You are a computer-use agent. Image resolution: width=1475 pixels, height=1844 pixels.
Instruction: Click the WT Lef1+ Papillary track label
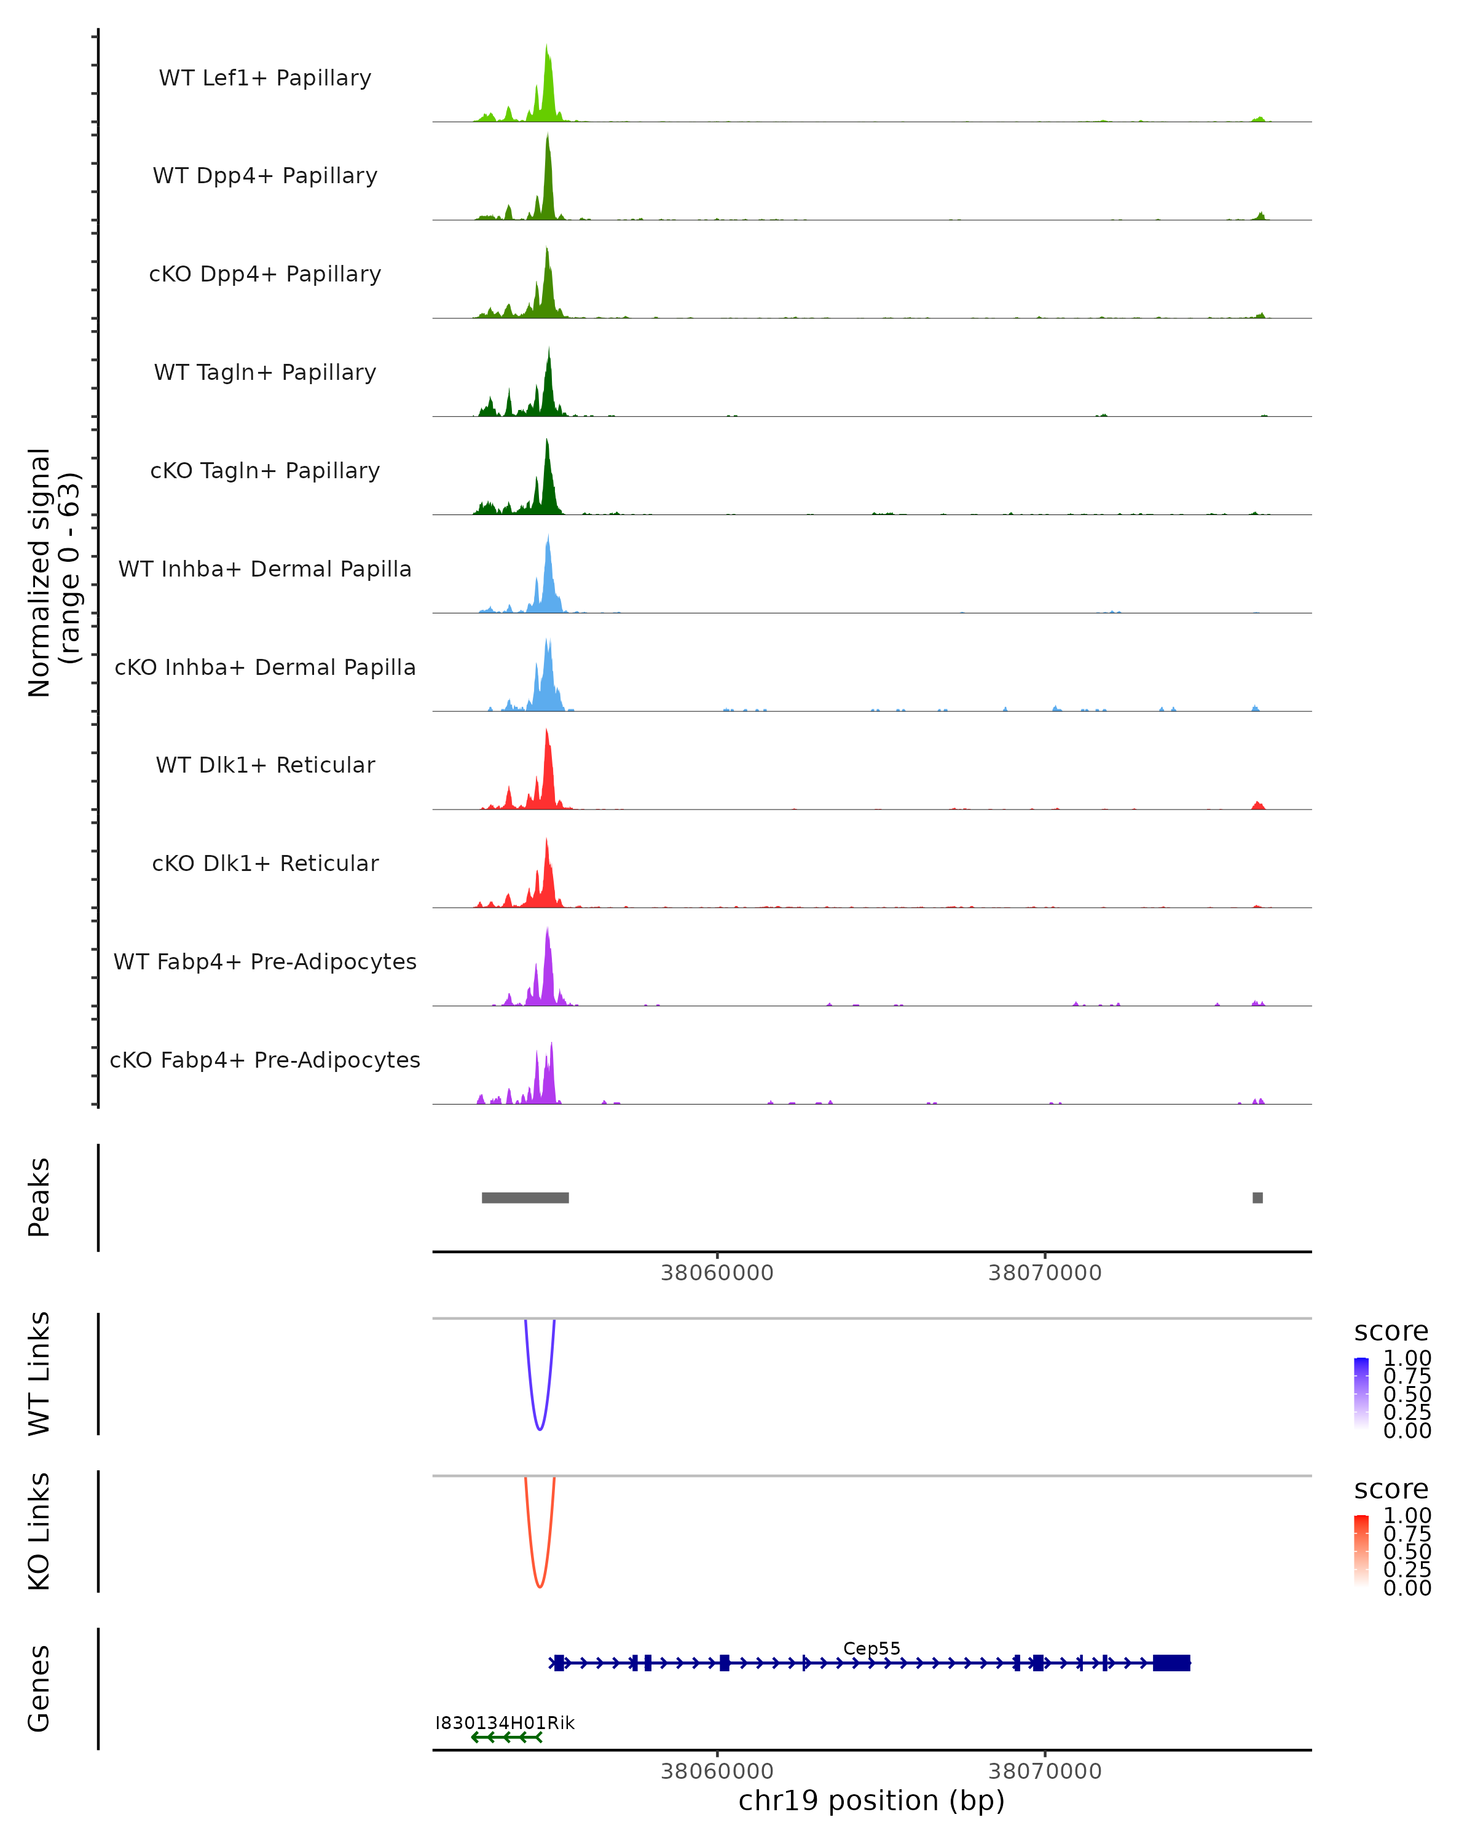pyautogui.click(x=265, y=78)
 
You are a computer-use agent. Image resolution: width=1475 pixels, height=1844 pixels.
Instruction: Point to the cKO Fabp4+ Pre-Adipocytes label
pyautogui.click(x=265, y=1060)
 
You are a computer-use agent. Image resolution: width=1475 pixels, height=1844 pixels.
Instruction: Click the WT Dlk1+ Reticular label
pyautogui.click(x=265, y=765)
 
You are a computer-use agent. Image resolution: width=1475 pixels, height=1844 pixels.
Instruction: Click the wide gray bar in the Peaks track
pyautogui.click(x=525, y=1197)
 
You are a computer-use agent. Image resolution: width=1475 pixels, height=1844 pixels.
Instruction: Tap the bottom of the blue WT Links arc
pyautogui.click(x=540, y=1428)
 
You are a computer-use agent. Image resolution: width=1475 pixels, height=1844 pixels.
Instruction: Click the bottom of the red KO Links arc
pyautogui.click(x=540, y=1586)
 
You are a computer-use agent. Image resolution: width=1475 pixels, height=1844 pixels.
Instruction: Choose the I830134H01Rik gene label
pyautogui.click(x=505, y=1722)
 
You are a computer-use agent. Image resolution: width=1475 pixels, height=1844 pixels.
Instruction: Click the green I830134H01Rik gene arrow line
pyautogui.click(x=506, y=1737)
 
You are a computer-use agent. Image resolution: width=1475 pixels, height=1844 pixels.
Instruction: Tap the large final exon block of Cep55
pyautogui.click(x=1171, y=1663)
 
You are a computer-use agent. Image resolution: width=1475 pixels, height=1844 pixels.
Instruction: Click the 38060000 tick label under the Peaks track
pyautogui.click(x=717, y=1273)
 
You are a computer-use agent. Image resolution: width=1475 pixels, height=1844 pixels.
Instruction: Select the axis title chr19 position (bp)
pyautogui.click(x=871, y=1800)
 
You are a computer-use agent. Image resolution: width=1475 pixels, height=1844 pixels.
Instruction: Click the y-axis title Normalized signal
pyautogui.click(x=39, y=573)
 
